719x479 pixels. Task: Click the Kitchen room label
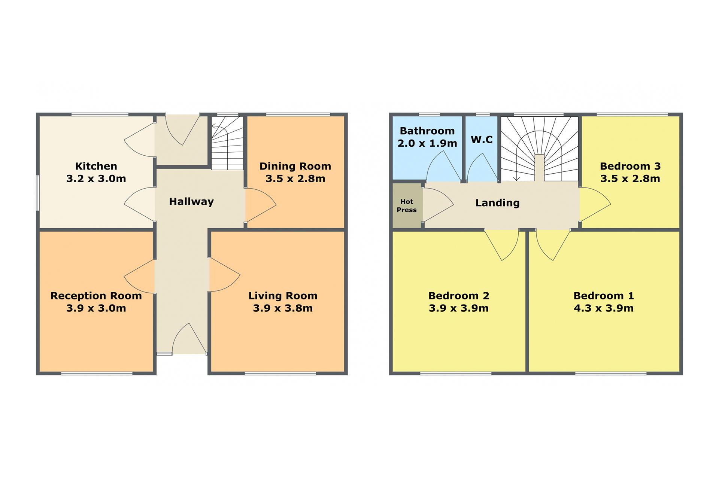tap(96, 166)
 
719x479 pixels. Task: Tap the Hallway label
tap(191, 202)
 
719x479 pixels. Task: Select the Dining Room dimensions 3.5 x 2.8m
tap(295, 179)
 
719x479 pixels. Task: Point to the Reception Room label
tap(96, 296)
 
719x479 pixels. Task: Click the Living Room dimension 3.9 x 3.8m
tap(283, 308)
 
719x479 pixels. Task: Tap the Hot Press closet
tap(407, 205)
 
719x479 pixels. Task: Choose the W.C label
tap(482, 140)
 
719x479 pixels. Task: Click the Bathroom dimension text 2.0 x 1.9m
tap(427, 143)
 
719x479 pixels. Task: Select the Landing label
tap(497, 203)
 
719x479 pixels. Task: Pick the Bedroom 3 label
tap(630, 166)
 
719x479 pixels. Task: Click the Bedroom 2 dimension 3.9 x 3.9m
tap(459, 308)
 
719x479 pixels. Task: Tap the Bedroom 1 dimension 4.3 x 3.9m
tap(604, 308)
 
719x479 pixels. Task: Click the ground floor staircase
tap(227, 143)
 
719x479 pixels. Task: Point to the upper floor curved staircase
tap(539, 149)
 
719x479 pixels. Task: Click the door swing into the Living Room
tap(224, 274)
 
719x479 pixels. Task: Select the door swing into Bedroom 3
tap(595, 204)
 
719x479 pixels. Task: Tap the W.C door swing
tap(482, 167)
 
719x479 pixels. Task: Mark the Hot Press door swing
tap(438, 205)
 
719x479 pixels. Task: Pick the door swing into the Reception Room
tap(139, 277)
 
